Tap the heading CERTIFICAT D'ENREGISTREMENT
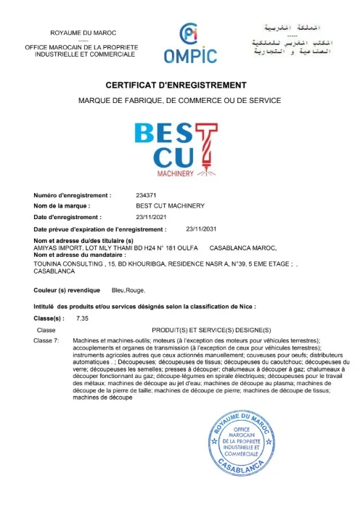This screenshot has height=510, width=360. [x=179, y=85]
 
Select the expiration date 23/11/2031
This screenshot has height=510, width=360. [x=201, y=229]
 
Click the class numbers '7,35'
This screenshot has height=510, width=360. [x=81, y=318]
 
